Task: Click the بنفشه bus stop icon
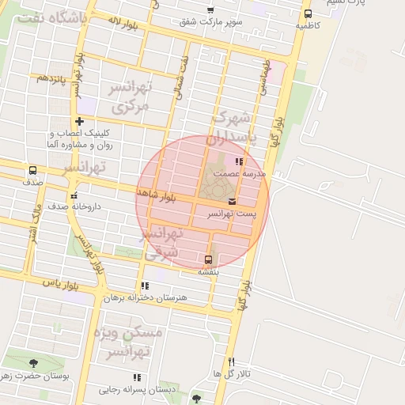click(x=209, y=259)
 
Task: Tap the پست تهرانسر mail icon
click(x=232, y=200)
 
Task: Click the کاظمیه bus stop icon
click(x=308, y=13)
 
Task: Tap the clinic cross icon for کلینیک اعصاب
click(x=79, y=121)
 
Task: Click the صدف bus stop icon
click(x=32, y=170)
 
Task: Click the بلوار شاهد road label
click(x=153, y=193)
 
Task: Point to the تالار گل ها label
click(x=231, y=373)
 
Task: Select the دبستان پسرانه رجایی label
click(x=134, y=389)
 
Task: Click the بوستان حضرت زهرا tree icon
click(x=33, y=364)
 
